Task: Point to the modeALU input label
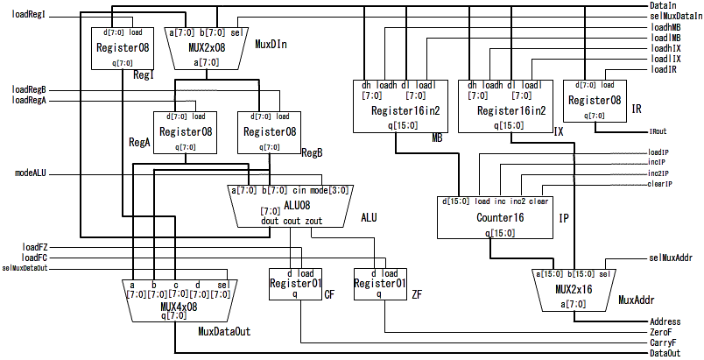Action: [x=31, y=173]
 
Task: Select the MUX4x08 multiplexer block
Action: [x=175, y=303]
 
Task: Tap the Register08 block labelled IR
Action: [x=594, y=100]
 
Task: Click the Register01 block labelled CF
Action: [x=294, y=284]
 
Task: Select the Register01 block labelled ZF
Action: [x=380, y=284]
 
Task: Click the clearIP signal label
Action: [x=659, y=184]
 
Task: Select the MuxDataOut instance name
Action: [x=224, y=331]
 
